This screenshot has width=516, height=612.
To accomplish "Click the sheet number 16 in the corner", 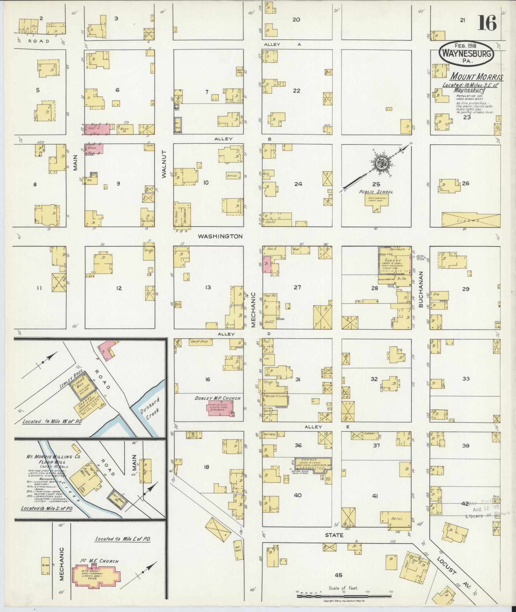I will tap(488, 23).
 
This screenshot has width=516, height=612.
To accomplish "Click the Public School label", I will tap(376, 192).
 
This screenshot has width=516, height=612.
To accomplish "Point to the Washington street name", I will tap(220, 236).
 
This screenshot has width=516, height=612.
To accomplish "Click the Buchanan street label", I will tap(420, 290).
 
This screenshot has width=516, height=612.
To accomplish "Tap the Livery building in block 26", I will tap(470, 220).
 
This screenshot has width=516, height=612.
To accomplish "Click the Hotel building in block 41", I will tap(396, 519).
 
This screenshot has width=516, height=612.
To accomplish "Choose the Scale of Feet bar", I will tap(344, 597).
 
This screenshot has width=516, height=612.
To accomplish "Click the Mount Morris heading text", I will tap(477, 77).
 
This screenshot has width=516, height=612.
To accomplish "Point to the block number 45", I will tap(338, 575).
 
